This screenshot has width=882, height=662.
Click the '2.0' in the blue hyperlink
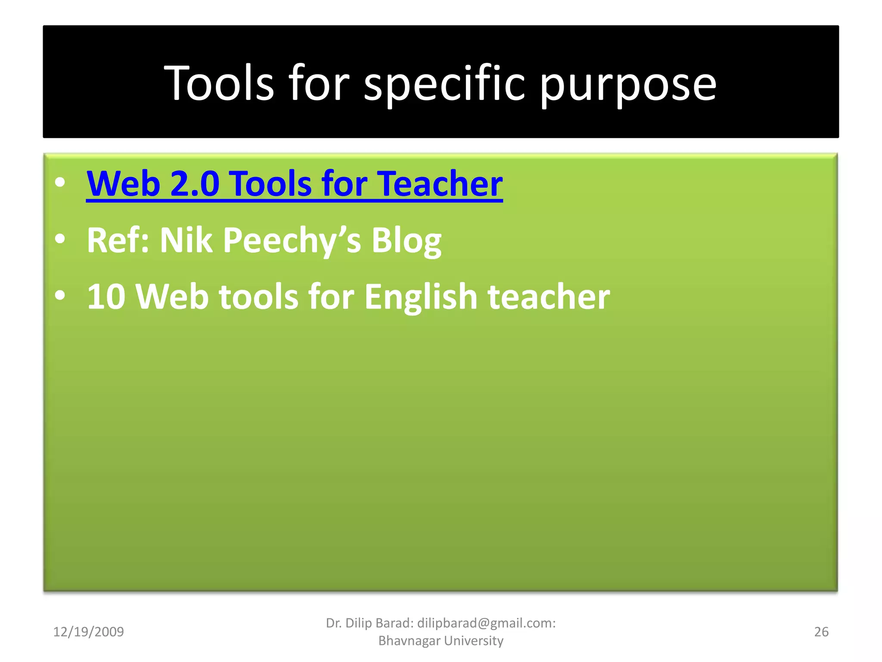tap(195, 184)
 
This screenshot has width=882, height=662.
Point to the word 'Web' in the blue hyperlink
tap(124, 184)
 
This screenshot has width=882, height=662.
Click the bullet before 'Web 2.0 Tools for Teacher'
tap(60, 182)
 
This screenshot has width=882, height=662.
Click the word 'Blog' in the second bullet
tap(406, 240)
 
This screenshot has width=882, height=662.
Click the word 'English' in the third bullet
tap(421, 297)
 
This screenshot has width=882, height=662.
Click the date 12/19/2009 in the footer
tap(88, 632)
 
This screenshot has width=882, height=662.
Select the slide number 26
tap(821, 632)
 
